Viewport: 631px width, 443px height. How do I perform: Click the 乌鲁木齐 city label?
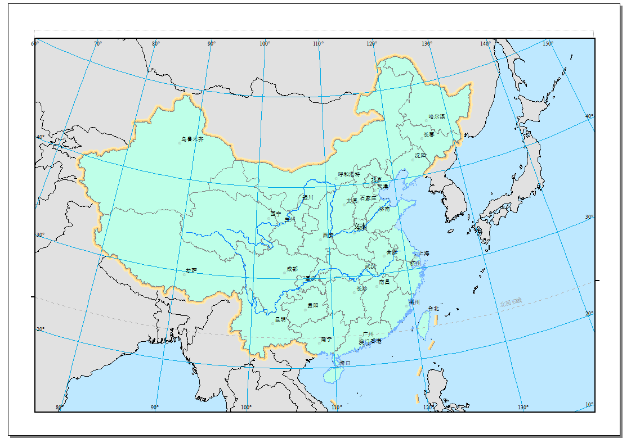[193, 139]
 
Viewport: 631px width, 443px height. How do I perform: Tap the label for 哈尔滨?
[437, 117]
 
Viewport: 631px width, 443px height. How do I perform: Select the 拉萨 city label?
[191, 270]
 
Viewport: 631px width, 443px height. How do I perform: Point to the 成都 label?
[292, 269]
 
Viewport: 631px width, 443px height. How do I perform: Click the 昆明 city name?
[280, 319]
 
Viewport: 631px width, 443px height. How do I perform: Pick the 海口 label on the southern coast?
[344, 363]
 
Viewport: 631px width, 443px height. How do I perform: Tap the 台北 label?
[433, 308]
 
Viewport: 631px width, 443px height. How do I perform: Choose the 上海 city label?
[423, 254]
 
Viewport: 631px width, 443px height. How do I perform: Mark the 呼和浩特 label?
[348, 175]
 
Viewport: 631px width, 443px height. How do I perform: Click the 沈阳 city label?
[420, 155]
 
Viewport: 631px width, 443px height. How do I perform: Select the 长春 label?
[429, 135]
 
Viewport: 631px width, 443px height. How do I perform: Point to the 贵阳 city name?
[312, 305]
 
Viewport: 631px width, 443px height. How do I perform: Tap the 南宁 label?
[326, 339]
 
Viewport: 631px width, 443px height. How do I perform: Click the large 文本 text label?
[360, 227]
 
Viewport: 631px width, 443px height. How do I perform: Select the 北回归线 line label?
[511, 303]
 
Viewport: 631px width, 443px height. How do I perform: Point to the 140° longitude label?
[486, 43]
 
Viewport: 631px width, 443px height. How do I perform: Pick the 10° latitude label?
[589, 405]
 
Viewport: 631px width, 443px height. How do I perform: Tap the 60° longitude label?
[34, 43]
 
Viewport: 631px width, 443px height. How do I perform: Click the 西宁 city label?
[275, 214]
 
